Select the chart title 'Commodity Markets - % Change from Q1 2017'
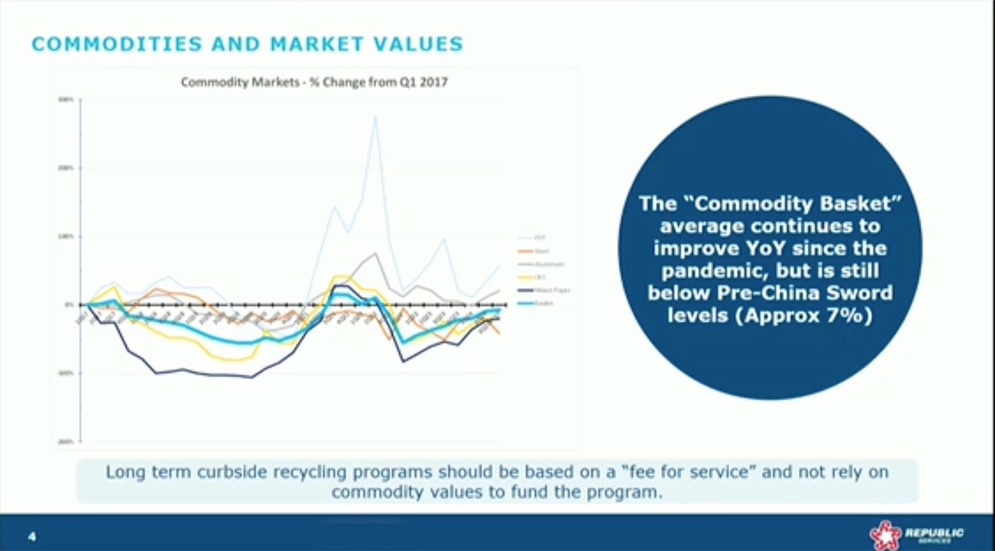pos(314,82)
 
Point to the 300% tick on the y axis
pos(70,100)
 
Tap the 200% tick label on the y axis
pos(70,168)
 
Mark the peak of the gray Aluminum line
pos(375,253)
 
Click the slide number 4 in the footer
pos(31,535)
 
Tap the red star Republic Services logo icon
pos(885,535)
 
